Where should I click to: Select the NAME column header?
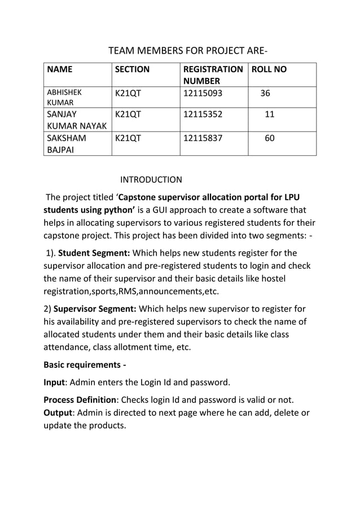[60, 69]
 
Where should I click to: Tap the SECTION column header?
[132, 69]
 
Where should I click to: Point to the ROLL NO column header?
[269, 69]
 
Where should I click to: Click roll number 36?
[265, 93]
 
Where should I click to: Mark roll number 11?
[270, 114]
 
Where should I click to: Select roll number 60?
[270, 137]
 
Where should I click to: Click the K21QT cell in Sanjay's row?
[128, 114]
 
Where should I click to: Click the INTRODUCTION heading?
[151, 180]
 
